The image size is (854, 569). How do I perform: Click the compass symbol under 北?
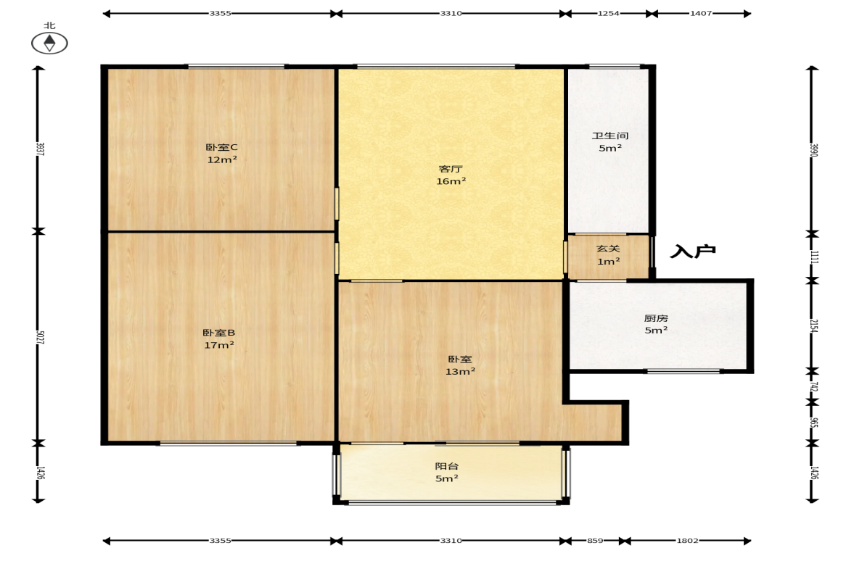tap(49, 43)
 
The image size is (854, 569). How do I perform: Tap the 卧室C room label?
tap(222, 147)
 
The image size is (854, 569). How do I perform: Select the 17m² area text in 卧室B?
tap(219, 345)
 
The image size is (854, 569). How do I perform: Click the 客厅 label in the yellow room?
tap(451, 169)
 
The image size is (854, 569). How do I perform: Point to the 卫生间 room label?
tap(610, 136)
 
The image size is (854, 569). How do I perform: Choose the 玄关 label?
tap(608, 249)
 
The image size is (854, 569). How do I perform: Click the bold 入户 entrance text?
tap(693, 252)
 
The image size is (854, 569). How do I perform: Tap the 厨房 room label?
tap(656, 318)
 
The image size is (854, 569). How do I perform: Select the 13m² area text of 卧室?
tap(460, 372)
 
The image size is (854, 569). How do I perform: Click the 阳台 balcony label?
tap(447, 466)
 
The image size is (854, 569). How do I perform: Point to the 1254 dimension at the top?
tap(608, 14)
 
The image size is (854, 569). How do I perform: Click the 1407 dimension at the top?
tap(701, 14)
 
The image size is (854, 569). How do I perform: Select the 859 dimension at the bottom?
tap(595, 541)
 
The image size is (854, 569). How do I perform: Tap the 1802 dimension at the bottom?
tap(687, 541)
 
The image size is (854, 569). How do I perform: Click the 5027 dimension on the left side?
tap(40, 337)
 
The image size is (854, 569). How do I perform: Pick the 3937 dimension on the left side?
tap(40, 149)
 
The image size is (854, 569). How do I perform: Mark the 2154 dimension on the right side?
tap(813, 326)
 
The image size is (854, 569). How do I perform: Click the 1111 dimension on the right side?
tap(813, 257)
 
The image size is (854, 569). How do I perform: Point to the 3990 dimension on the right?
tap(813, 150)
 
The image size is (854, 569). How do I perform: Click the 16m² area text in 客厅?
tap(451, 181)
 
